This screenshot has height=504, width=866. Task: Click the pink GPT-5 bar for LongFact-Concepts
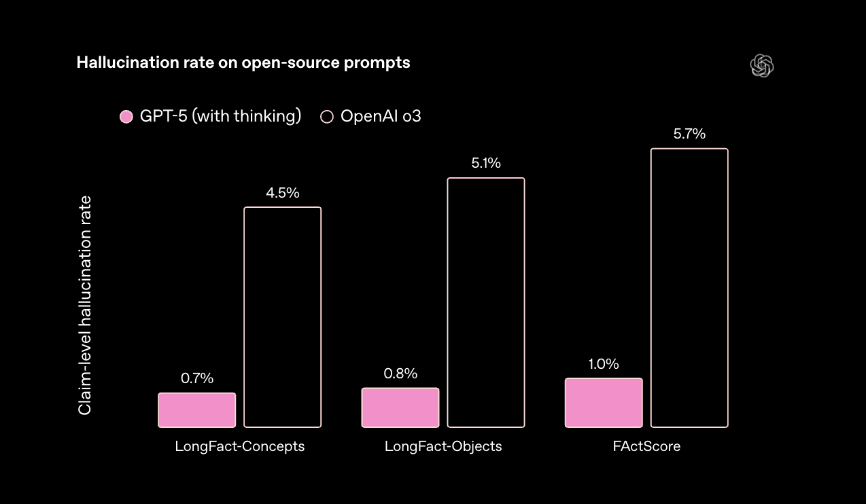coord(197,410)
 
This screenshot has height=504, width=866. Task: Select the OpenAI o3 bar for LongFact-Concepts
coord(282,317)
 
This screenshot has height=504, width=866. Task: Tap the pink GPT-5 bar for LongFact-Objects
coord(400,408)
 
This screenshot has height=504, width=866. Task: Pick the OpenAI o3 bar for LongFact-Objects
coord(485,302)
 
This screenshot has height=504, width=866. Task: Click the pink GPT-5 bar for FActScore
coord(604,403)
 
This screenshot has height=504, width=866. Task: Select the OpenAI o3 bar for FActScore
coord(689,288)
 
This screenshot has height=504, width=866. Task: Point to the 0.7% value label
coord(197,379)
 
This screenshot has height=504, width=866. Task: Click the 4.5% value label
coord(283,193)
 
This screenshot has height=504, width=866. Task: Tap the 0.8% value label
coord(400,374)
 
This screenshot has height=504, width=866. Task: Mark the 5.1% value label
coord(486,164)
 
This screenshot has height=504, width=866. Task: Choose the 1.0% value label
coord(604,364)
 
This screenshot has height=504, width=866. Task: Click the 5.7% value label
coord(689,134)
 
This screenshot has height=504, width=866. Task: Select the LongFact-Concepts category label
coord(240,446)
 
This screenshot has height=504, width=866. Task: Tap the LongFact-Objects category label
coord(443,446)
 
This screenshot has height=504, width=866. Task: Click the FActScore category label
coord(646,446)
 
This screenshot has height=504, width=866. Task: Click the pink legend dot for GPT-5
coord(126,117)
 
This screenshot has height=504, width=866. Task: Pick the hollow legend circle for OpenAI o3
coord(327,117)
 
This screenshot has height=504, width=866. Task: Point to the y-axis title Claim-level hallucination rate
coord(85,306)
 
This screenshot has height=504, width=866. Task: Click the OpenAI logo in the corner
coord(762,66)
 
